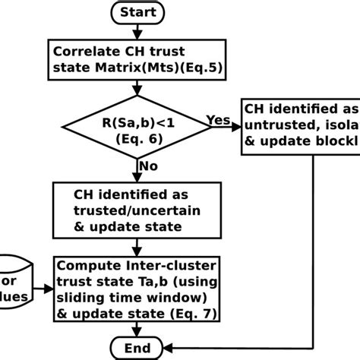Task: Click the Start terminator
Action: pyautogui.click(x=135, y=11)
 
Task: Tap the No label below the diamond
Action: pyautogui.click(x=149, y=165)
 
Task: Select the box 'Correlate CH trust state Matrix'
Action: pyautogui.click(x=135, y=59)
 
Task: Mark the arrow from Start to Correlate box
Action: pyautogui.click(x=135, y=32)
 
